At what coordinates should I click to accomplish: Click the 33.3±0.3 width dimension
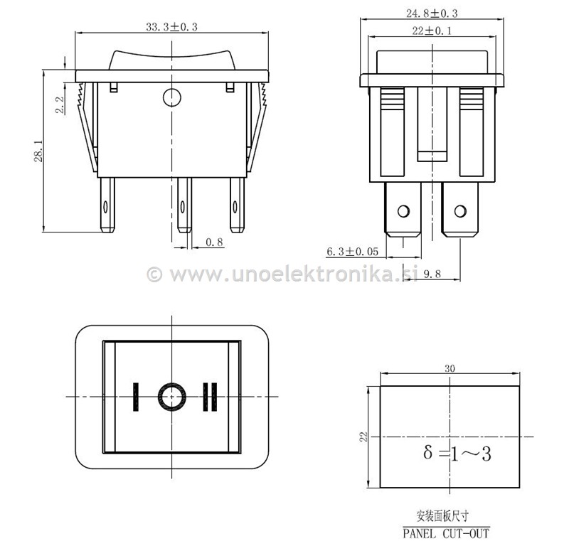[x=171, y=27]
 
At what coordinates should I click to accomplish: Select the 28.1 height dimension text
[x=38, y=151]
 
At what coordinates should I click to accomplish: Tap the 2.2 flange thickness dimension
[x=60, y=105]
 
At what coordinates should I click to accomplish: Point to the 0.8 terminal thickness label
[x=215, y=242]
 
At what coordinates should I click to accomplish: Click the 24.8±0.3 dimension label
[x=432, y=14]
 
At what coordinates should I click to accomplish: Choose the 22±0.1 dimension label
[x=432, y=31]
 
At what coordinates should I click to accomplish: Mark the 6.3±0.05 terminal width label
[x=352, y=252]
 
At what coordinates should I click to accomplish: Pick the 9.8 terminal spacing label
[x=432, y=274]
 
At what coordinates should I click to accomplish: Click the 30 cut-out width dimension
[x=450, y=368]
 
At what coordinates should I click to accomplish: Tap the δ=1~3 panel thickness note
[x=457, y=454]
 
